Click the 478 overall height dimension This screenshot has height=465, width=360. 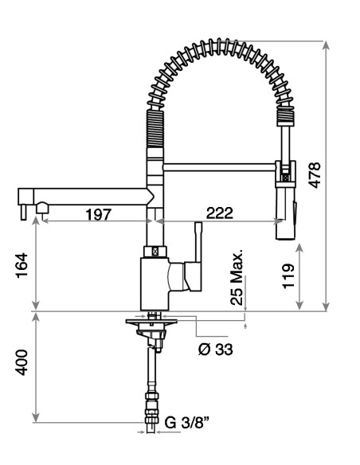coord(315,174)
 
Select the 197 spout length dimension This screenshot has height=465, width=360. coord(99,213)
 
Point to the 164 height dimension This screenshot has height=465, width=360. coord(22,265)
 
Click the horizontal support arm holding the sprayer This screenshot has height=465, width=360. coord(219,166)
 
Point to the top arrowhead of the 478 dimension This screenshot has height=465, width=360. coord(327,43)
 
